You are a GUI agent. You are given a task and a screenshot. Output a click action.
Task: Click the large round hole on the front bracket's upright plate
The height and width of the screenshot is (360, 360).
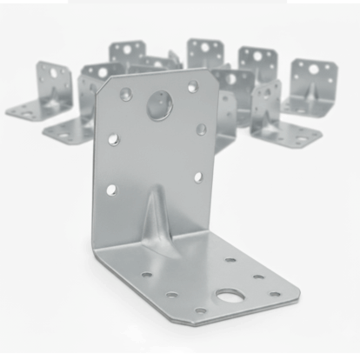(x=160, y=106)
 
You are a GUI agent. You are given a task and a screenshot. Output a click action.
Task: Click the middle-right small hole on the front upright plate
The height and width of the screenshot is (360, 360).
(x=201, y=129)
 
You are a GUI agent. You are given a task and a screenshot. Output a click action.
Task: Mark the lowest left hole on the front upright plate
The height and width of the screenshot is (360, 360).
(x=111, y=189)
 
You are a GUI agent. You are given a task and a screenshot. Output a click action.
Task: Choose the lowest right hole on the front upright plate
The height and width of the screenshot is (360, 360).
(x=198, y=177)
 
